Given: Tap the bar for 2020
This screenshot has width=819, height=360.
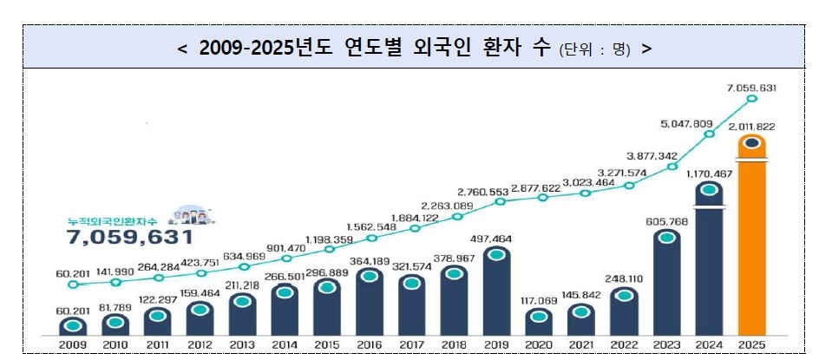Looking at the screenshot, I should coord(539,322).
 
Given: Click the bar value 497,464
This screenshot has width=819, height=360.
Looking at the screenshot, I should coord(496,237).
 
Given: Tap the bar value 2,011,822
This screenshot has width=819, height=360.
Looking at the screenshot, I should coord(751,127).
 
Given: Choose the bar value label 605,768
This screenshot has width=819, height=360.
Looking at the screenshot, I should coord(666,221).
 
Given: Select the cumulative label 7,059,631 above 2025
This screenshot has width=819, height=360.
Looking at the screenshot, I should coord(751,88).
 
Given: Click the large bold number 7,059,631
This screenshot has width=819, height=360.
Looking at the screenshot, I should coord(130,237).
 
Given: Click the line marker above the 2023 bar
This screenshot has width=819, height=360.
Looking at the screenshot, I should coord(666,166).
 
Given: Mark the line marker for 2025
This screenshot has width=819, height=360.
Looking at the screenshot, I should coord(751,100).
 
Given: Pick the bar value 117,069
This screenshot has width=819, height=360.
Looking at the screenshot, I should coord(539,301).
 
